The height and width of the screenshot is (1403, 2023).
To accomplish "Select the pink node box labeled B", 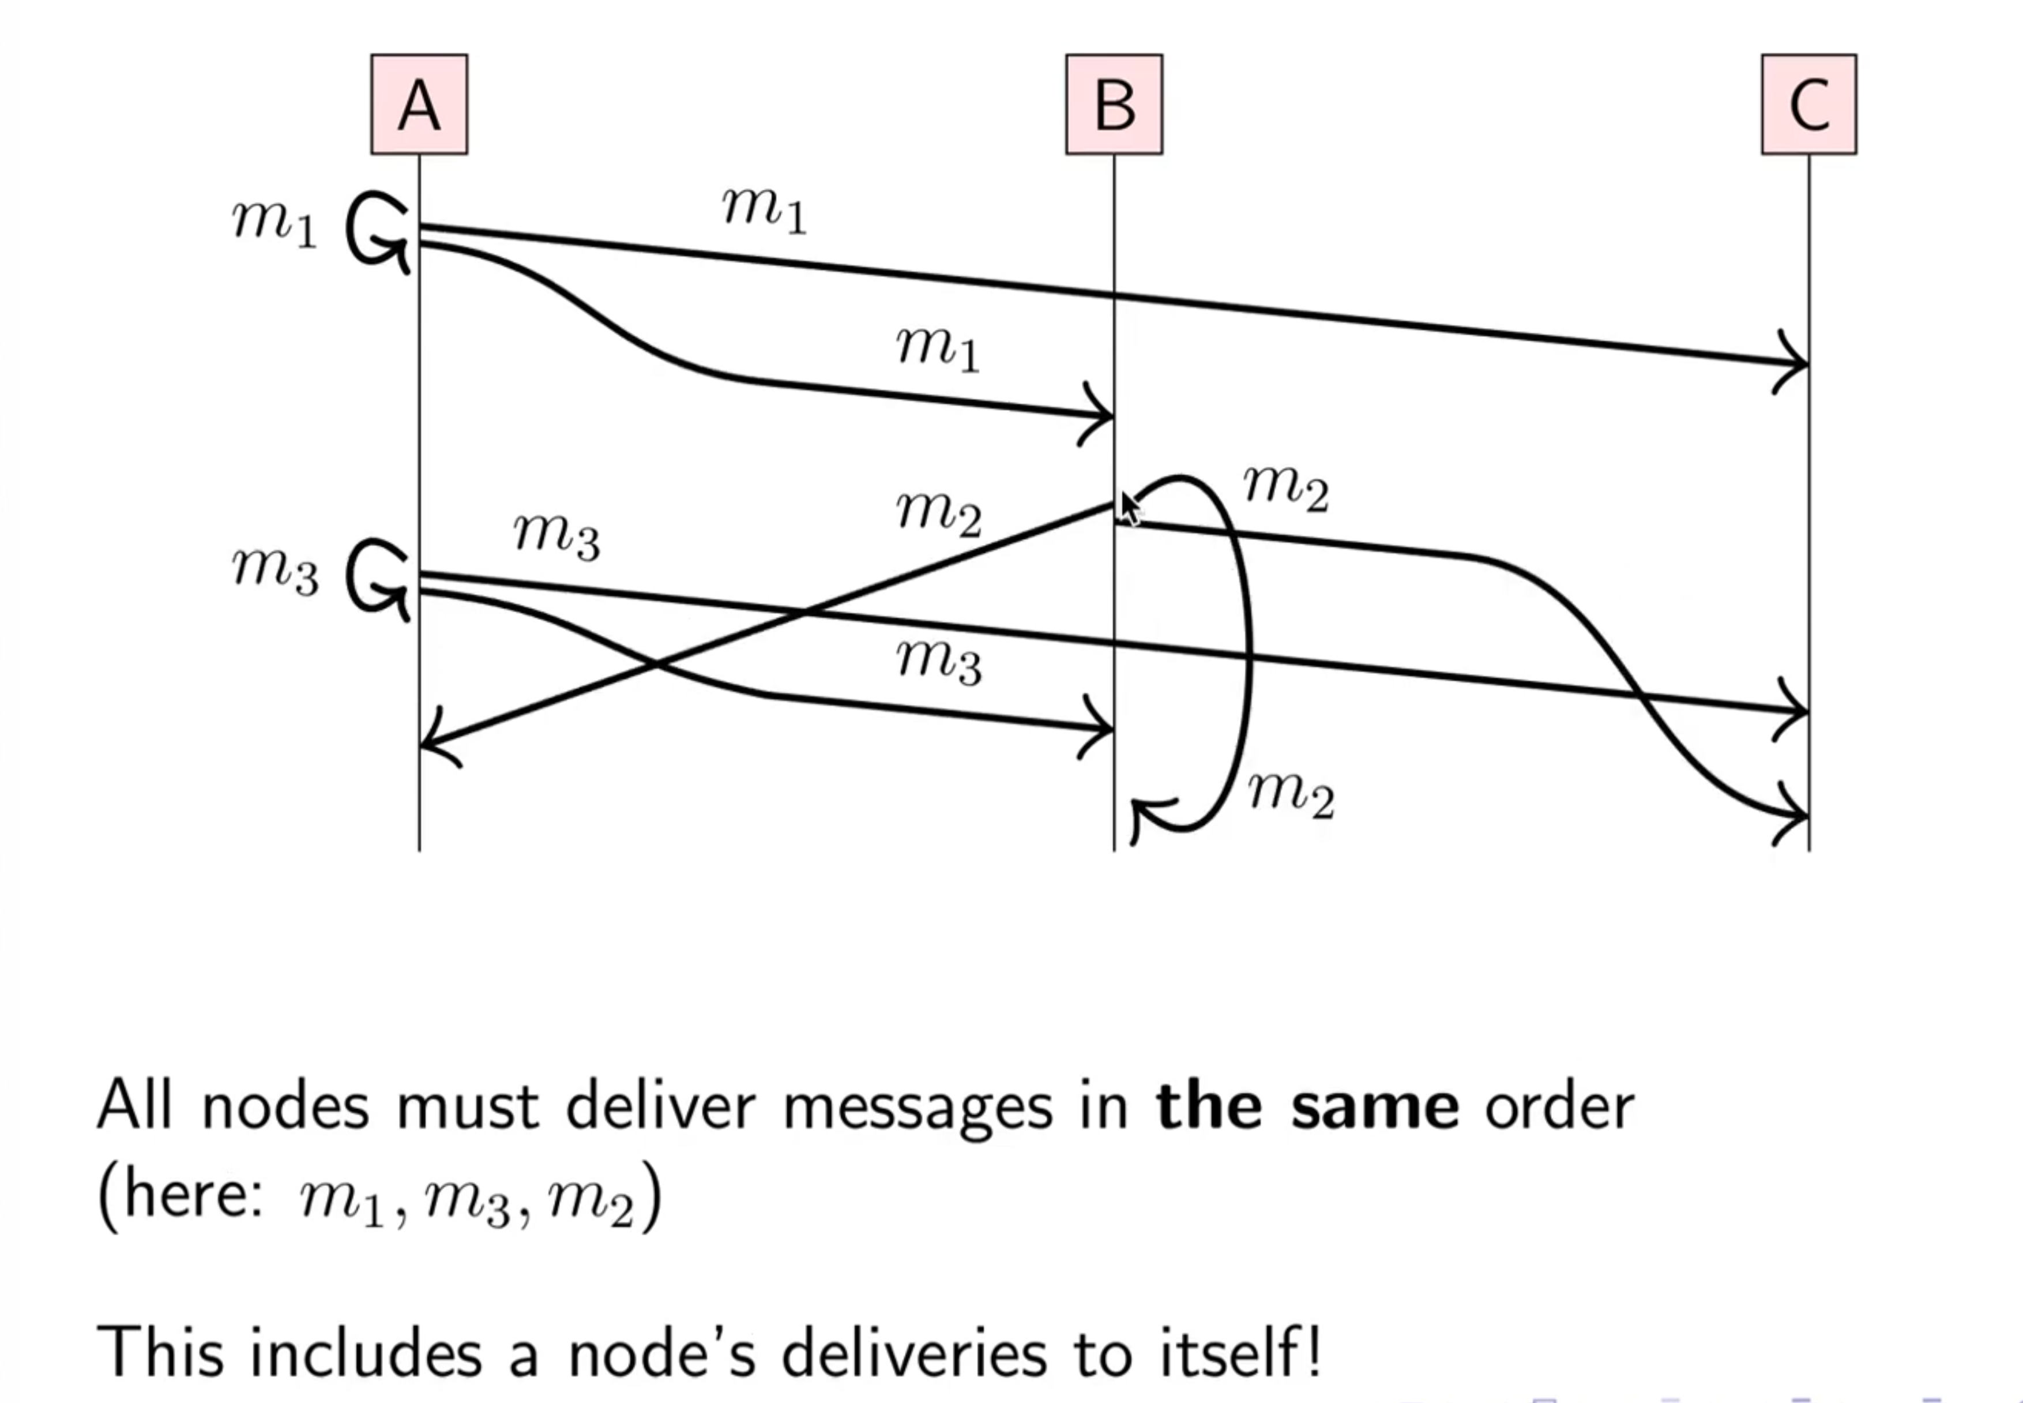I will (x=1114, y=104).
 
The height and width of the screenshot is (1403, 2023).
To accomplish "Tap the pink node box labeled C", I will (x=1808, y=104).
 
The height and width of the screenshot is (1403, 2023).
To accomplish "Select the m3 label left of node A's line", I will (x=274, y=571).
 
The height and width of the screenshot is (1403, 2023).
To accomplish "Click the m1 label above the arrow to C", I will (x=764, y=211).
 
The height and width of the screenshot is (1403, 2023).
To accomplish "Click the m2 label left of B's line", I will (x=939, y=513).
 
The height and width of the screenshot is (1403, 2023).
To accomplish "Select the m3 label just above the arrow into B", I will (x=939, y=661).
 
